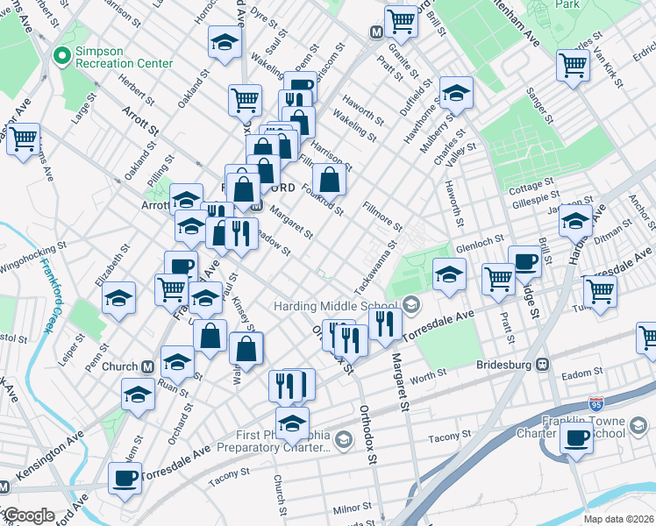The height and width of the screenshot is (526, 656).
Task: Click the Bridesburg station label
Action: click(x=505, y=364)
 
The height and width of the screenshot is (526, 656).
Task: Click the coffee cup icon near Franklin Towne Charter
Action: click(x=577, y=438)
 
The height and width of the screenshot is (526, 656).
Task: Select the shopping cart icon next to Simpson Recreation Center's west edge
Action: click(x=23, y=139)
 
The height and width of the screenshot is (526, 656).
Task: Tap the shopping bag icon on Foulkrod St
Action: click(x=329, y=180)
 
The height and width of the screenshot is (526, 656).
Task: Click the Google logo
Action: click(x=28, y=515)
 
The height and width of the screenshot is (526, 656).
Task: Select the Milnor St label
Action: click(x=352, y=508)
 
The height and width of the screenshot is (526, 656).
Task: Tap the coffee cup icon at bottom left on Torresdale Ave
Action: click(x=125, y=479)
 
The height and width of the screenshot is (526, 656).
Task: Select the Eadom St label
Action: click(x=580, y=373)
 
